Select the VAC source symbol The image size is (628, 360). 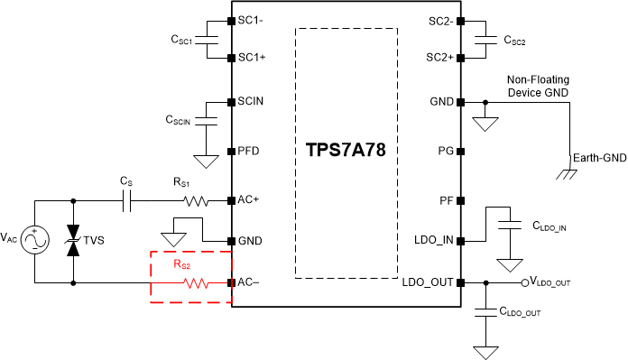34,241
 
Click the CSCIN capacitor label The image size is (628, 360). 180,118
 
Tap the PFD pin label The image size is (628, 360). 248,150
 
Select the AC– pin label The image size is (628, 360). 248,282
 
